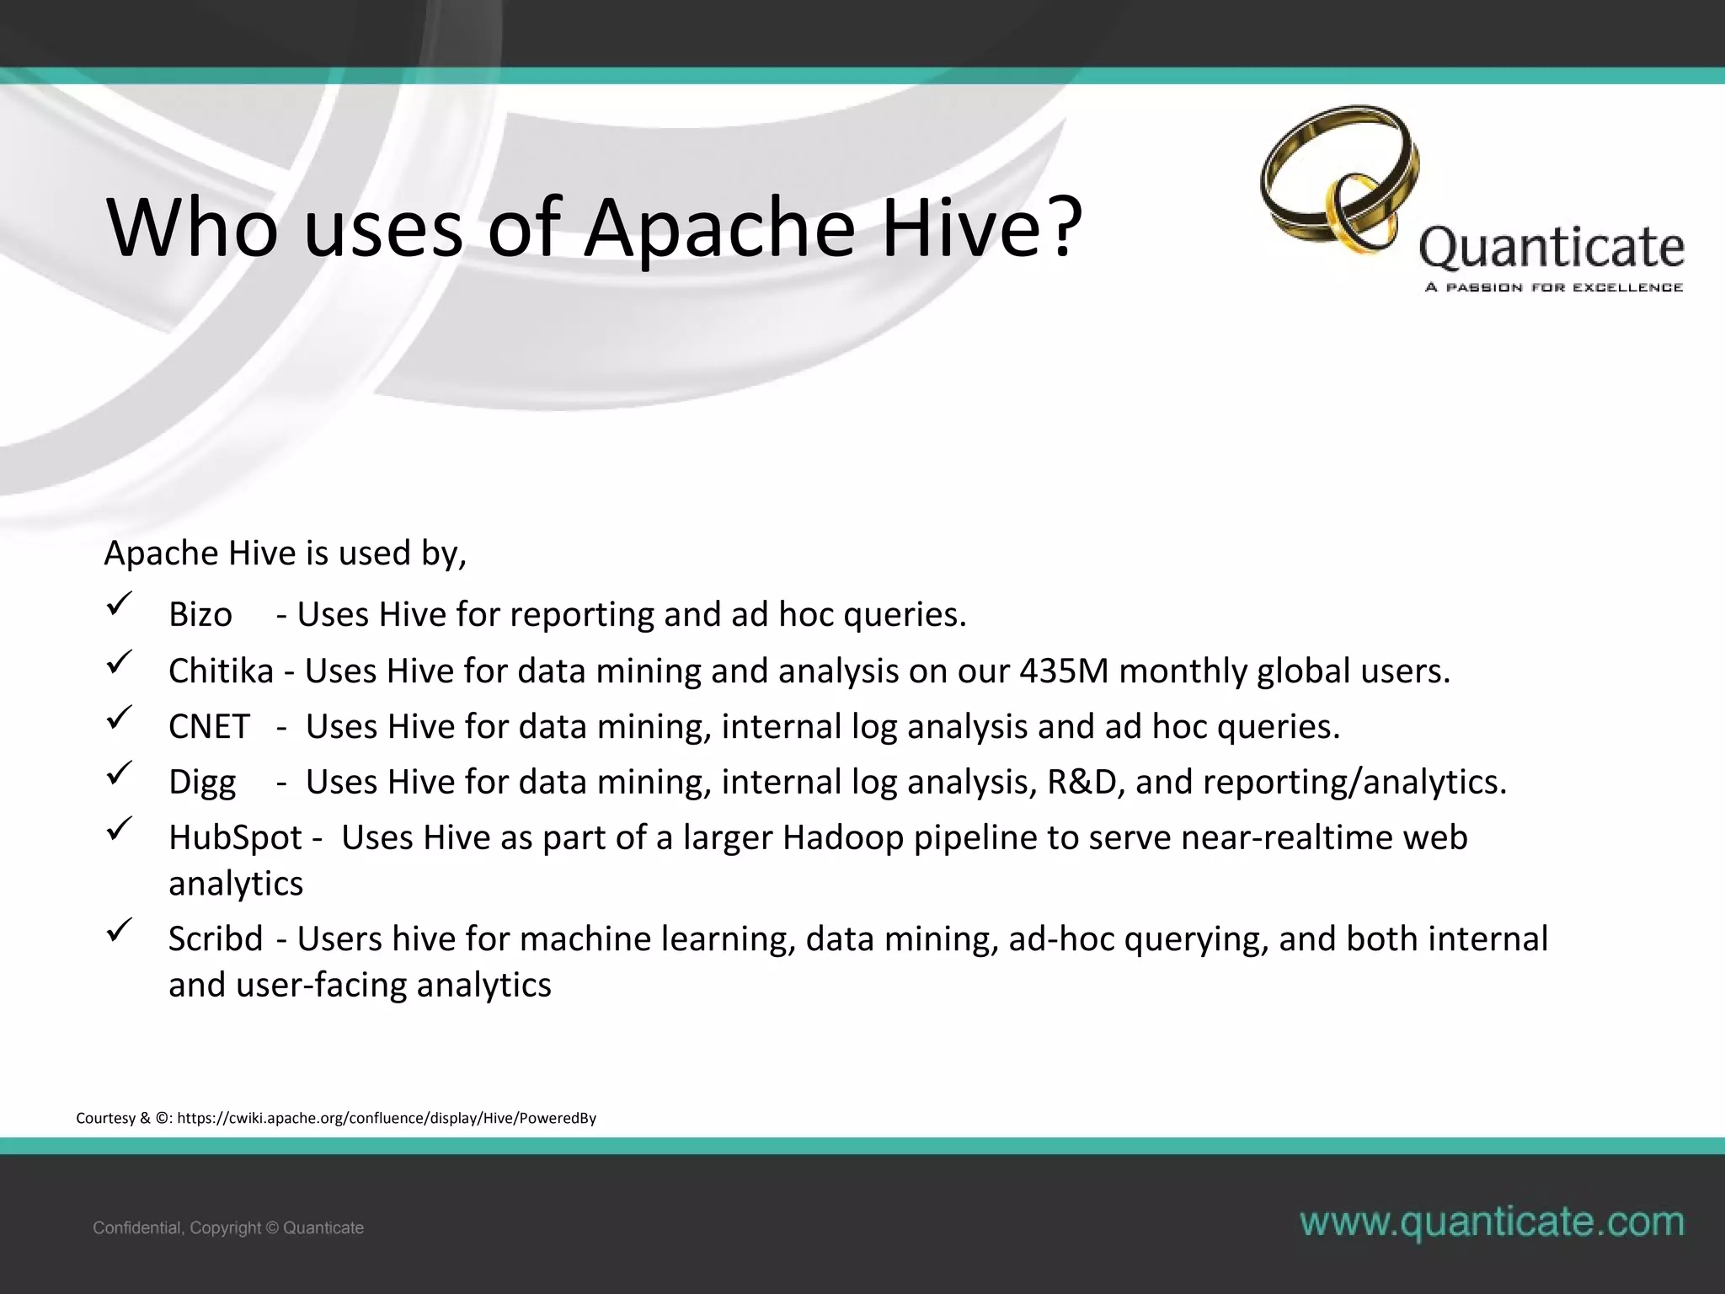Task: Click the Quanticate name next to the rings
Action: coord(1551,249)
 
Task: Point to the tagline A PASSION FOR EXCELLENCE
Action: coord(1554,288)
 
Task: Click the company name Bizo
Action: coord(200,614)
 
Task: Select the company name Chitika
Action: coord(221,671)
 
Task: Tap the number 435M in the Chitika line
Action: coord(1064,671)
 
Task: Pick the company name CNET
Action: coord(209,726)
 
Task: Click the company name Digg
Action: coord(202,783)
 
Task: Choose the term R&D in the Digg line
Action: coord(1081,782)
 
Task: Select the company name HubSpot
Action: coord(235,837)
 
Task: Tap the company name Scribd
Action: coord(216,938)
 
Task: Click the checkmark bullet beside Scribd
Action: coord(118,931)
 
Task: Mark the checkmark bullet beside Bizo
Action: coord(118,604)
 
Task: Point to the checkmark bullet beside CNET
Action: coord(118,717)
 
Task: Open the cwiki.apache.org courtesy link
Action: coord(387,1118)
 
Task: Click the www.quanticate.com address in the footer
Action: coord(1492,1222)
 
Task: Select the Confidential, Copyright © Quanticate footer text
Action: coord(228,1227)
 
